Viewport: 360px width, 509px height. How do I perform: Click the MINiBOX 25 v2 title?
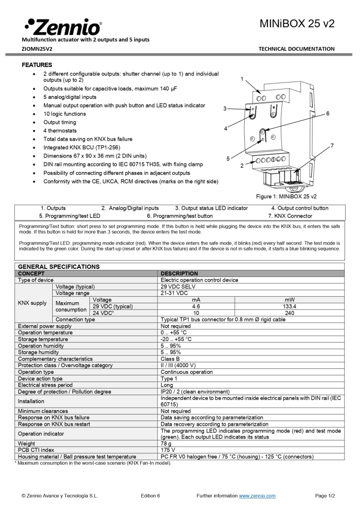[297, 23]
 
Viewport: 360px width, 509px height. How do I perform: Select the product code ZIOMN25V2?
[37, 49]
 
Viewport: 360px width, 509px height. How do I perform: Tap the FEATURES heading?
[37, 65]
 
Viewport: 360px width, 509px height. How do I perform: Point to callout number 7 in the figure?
[332, 145]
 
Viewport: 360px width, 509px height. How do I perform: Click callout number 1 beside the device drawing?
[242, 79]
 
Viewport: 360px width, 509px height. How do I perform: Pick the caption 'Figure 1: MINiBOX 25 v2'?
[286, 196]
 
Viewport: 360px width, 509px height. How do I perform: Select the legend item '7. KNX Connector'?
[290, 216]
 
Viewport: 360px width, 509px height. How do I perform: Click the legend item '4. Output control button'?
[299, 208]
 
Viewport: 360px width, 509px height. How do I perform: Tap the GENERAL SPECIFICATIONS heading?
[59, 267]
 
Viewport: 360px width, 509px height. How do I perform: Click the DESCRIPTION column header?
[179, 273]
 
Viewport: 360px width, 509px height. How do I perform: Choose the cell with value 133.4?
[289, 307]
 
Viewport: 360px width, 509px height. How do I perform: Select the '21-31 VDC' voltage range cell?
[174, 293]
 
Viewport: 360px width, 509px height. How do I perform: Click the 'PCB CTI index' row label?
[36, 450]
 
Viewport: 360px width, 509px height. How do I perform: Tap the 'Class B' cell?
[170, 358]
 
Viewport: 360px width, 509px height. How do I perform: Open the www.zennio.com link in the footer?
[257, 496]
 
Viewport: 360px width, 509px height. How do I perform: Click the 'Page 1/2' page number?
[325, 496]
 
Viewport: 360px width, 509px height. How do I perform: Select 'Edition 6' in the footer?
[150, 496]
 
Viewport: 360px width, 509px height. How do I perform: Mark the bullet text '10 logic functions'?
[65, 114]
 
